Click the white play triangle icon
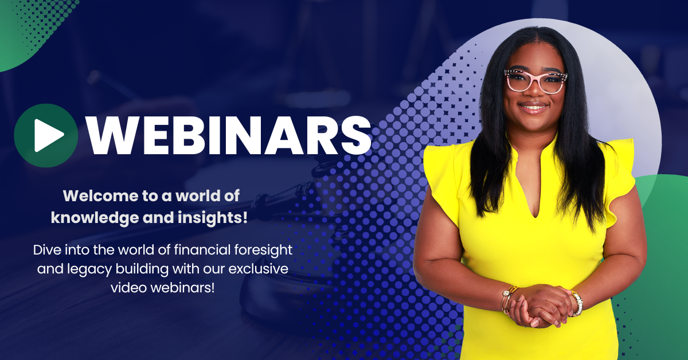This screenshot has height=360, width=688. coord(48,135)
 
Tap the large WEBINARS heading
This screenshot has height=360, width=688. coord(229,135)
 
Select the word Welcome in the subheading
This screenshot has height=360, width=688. coord(101,196)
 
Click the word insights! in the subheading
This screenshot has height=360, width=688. coord(213,218)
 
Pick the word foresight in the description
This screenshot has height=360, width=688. coord(263,251)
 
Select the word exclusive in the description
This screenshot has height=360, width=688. coord(259,269)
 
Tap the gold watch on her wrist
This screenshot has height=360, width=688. coord(577,303)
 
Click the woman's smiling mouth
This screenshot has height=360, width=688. coord(533,108)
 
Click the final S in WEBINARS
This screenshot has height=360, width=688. coord(356,135)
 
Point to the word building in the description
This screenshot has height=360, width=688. coord(142,269)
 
